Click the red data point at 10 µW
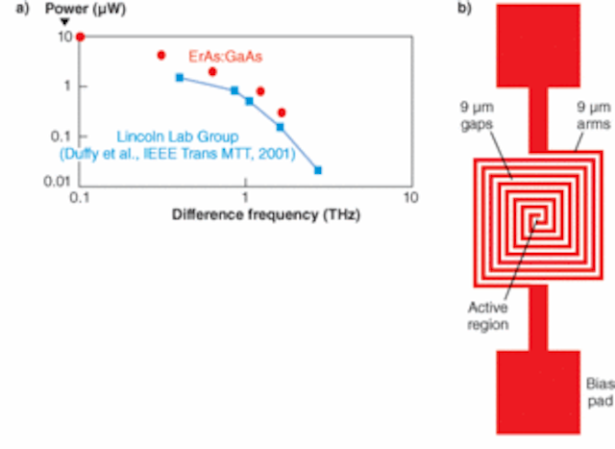pyautogui.click(x=81, y=37)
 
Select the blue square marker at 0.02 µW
pyautogui.click(x=318, y=170)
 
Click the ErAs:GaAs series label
pyautogui.click(x=225, y=57)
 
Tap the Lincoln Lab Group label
pyautogui.click(x=178, y=137)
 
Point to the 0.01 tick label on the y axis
pyautogui.click(x=58, y=182)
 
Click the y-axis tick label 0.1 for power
pyautogui.click(x=61, y=137)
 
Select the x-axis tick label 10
pyautogui.click(x=410, y=197)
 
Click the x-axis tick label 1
pyautogui.click(x=246, y=197)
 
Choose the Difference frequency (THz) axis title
pyautogui.click(x=266, y=214)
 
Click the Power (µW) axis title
pyautogui.click(x=86, y=9)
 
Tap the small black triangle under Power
pyautogui.click(x=64, y=22)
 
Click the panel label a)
pyautogui.click(x=22, y=9)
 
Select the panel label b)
pyautogui.click(x=464, y=9)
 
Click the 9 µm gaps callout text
pyautogui.click(x=477, y=115)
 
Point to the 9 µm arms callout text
pyautogui.click(x=594, y=115)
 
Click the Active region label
pyautogui.click(x=488, y=315)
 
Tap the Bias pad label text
pyautogui.click(x=600, y=392)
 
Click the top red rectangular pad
pyautogui.click(x=538, y=45)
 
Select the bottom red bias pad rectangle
pyautogui.click(x=538, y=392)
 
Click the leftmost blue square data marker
pyautogui.click(x=180, y=78)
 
